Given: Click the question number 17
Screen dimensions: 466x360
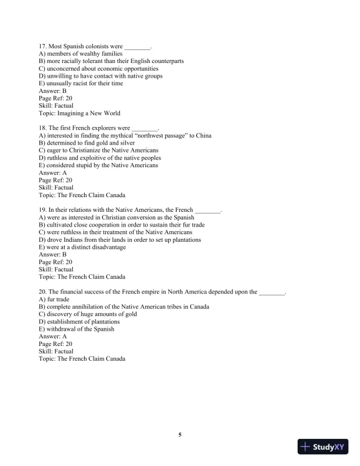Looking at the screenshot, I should point(42,46).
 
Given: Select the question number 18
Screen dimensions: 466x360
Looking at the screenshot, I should point(42,128).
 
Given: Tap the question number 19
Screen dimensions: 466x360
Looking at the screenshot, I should point(42,210).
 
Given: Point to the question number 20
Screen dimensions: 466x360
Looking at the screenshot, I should point(42,292).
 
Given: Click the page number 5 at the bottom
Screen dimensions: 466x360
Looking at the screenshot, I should point(180,435).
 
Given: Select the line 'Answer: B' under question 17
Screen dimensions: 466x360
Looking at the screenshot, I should point(52,91).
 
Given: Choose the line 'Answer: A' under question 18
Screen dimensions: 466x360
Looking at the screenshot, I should point(52,173).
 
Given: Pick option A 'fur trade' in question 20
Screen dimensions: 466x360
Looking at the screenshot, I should point(58,299).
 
